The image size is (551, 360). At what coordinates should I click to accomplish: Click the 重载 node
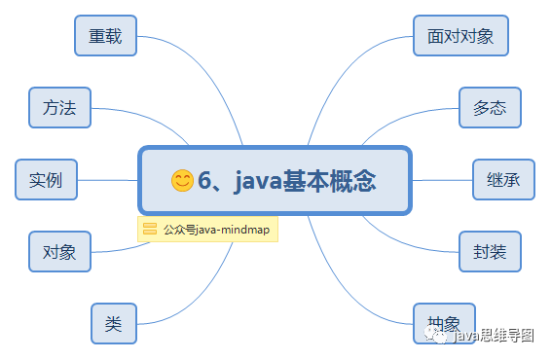click(105, 36)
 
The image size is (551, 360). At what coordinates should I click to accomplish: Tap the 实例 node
click(46, 180)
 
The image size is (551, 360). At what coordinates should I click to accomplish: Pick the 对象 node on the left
click(59, 252)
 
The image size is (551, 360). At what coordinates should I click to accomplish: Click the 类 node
click(113, 324)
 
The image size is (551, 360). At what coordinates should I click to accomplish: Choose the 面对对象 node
click(460, 36)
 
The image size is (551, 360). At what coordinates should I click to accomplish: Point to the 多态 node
click(490, 108)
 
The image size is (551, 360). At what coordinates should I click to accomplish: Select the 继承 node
click(503, 180)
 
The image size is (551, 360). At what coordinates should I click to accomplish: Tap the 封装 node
click(490, 252)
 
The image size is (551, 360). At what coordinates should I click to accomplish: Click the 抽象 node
click(444, 321)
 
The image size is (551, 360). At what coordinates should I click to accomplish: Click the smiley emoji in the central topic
click(182, 180)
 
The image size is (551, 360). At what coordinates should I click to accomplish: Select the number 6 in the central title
click(204, 180)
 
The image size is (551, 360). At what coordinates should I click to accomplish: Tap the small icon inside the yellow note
click(150, 230)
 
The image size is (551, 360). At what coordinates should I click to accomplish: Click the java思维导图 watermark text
click(495, 337)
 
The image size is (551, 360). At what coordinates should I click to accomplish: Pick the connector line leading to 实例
click(107, 180)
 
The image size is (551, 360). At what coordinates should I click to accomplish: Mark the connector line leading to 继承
click(443, 180)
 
